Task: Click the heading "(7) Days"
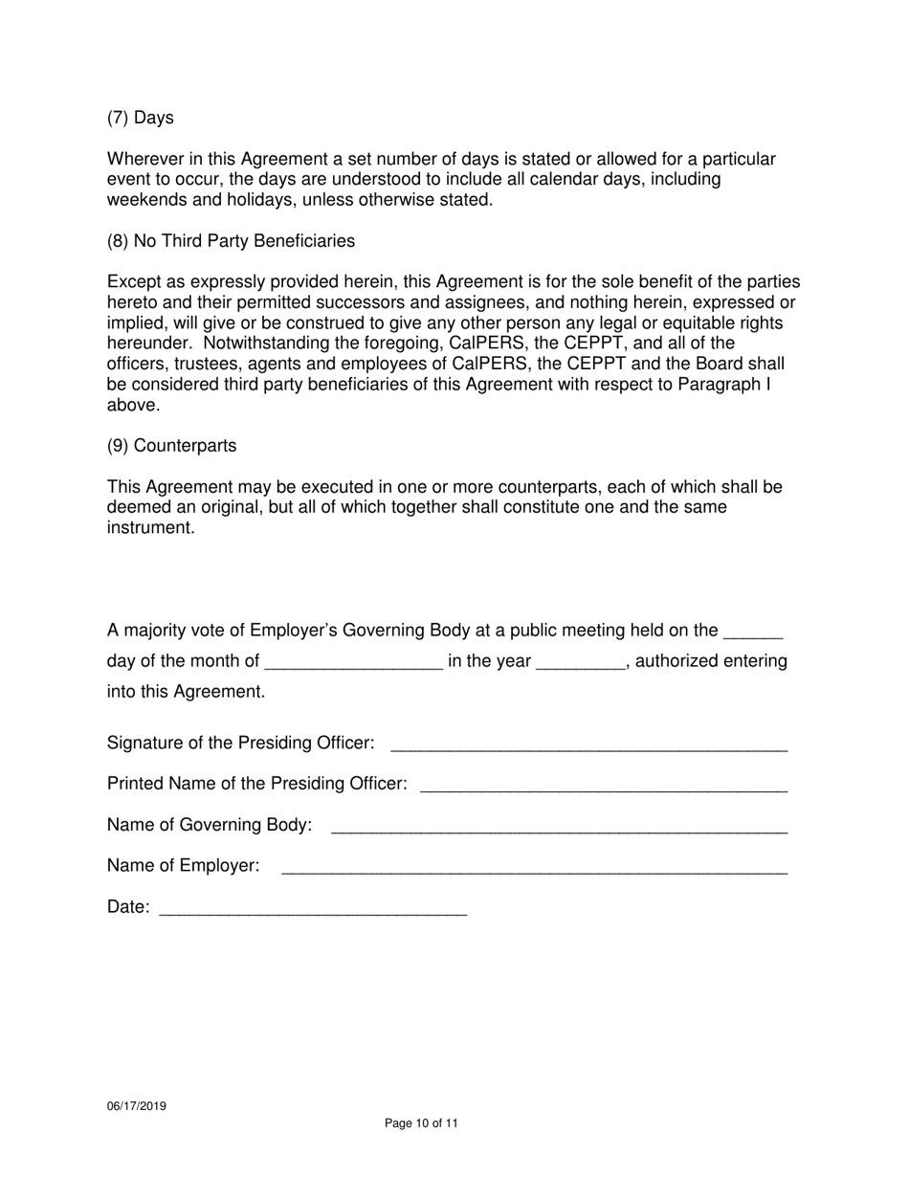coord(140,118)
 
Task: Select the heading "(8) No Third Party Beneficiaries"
coord(231,241)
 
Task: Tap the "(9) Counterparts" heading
coord(171,446)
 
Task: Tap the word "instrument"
coord(150,528)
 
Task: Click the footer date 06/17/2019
coord(136,1106)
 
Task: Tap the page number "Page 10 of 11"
coord(421,1123)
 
